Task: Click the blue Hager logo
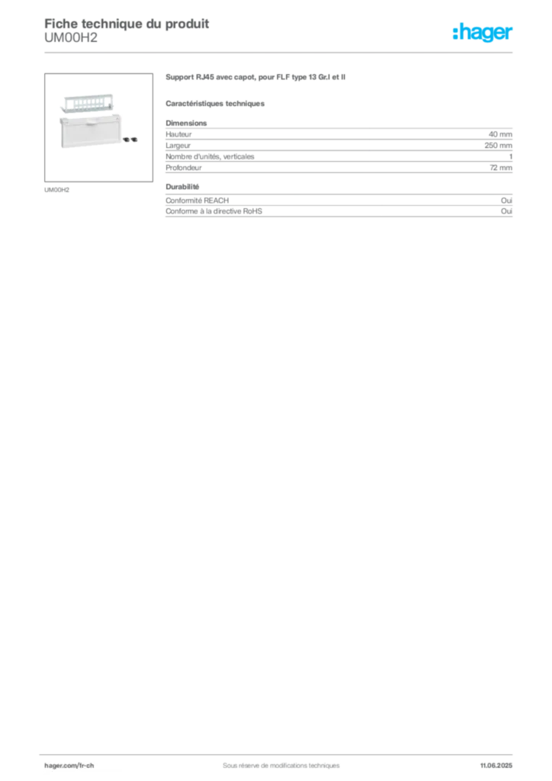tap(483, 34)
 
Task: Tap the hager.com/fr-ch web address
tap(69, 765)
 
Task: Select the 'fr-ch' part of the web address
tap(85, 765)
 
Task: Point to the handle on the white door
tap(90, 119)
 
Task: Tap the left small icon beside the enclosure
tap(126, 140)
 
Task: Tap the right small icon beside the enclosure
tap(134, 140)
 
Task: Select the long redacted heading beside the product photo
tap(255, 78)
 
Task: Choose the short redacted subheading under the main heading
tap(216, 102)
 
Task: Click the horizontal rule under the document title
tap(280, 52)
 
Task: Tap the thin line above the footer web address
tap(280, 752)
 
